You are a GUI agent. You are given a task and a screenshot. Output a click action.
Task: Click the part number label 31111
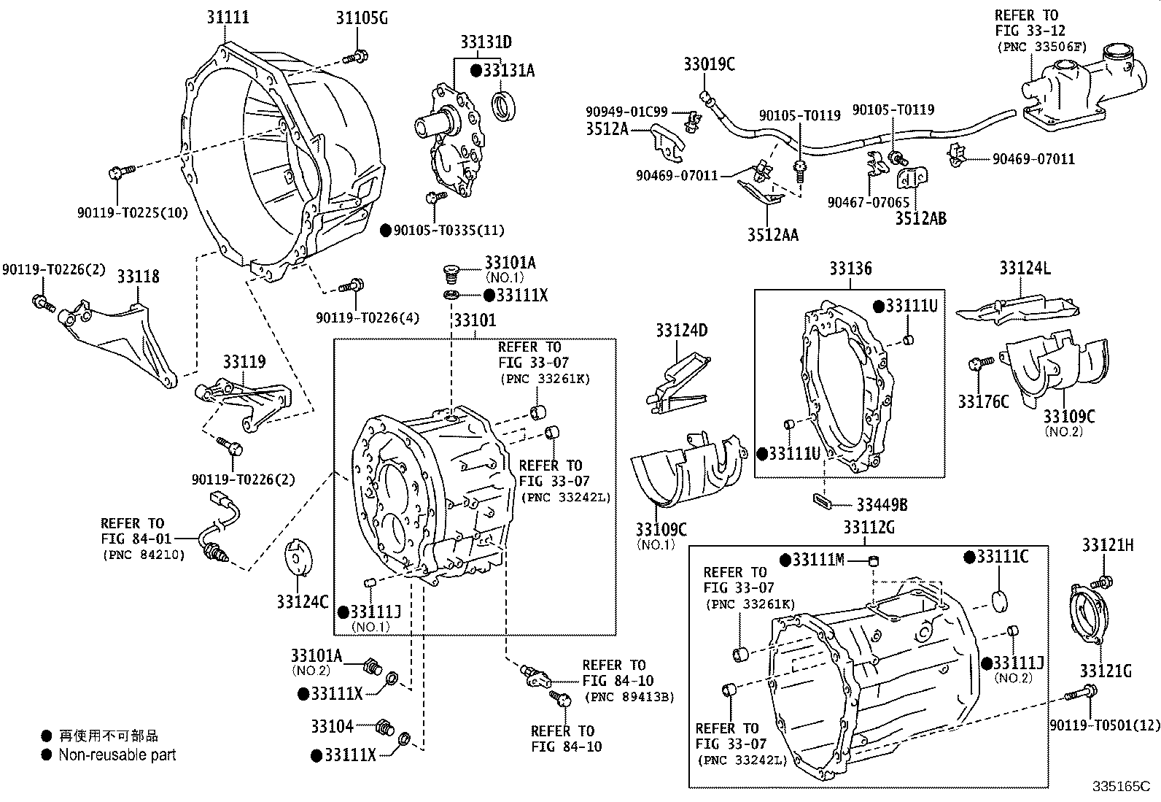pos(226,16)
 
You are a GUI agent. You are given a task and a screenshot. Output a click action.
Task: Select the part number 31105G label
pos(362,18)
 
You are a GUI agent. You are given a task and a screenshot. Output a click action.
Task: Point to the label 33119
pos(244,362)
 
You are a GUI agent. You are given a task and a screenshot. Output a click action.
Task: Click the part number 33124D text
pos(681,331)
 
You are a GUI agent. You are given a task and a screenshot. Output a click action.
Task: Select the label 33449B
pos(882,504)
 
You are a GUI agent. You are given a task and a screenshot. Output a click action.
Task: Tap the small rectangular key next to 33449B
pos(822,501)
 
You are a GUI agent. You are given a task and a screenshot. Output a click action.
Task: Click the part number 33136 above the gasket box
pos(850,269)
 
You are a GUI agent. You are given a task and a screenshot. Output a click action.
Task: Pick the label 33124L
pos(1025,269)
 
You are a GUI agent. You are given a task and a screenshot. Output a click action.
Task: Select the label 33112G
pos(869,527)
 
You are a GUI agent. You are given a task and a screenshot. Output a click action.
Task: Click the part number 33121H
pos(1107,545)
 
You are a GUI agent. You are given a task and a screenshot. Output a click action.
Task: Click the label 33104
pos(332,726)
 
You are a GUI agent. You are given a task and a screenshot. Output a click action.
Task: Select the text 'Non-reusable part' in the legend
pos(117,755)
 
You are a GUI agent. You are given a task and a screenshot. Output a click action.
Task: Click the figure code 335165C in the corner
pos(1120,787)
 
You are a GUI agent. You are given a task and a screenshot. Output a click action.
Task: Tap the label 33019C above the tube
pos(709,64)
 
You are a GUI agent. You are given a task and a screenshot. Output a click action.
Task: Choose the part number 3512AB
pos(920,217)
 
